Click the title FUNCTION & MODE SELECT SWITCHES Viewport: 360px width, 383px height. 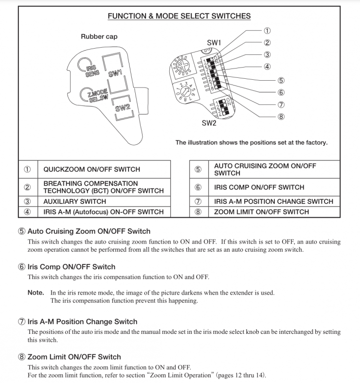(x=179, y=16)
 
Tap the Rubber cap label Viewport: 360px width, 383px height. (x=99, y=37)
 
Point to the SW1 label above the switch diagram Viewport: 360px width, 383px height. (x=214, y=43)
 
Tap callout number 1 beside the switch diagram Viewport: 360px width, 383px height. (x=267, y=31)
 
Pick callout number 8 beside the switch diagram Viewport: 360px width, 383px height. (x=281, y=117)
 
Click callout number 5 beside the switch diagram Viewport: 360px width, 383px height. (x=281, y=80)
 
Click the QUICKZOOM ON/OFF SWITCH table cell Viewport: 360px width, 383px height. (x=91, y=170)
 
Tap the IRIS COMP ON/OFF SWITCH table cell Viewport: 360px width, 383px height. (x=259, y=187)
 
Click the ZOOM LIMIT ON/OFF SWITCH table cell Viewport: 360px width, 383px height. (x=261, y=212)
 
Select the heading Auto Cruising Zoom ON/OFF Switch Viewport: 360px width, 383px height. (x=89, y=231)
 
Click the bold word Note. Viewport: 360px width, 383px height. (x=36, y=293)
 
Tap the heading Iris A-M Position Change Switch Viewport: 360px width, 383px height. (x=82, y=322)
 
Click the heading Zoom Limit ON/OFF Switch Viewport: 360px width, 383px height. (x=74, y=357)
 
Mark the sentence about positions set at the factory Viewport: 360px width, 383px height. (x=251, y=142)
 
